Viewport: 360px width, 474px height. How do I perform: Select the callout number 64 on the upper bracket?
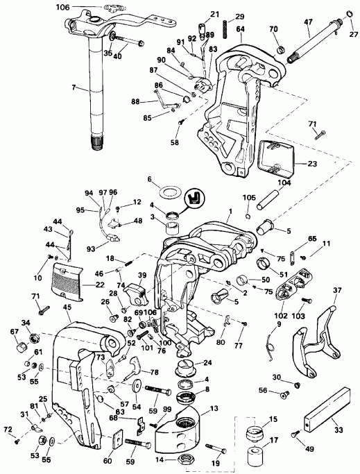pos(240,29)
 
